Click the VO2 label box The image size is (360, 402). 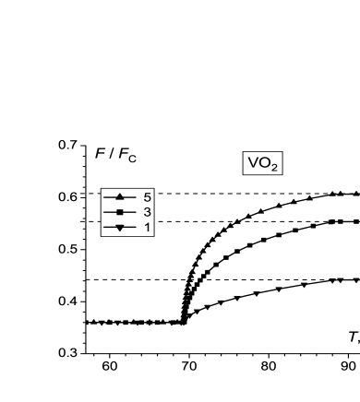pyautogui.click(x=262, y=163)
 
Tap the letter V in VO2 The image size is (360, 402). pyautogui.click(x=252, y=163)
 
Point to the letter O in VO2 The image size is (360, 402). pyautogui.click(x=263, y=163)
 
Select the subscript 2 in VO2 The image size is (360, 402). pyautogui.click(x=274, y=168)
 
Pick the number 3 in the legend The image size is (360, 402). pyautogui.click(x=147, y=212)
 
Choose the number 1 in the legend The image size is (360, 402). pyautogui.click(x=147, y=227)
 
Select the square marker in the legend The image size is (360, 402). pyautogui.click(x=120, y=212)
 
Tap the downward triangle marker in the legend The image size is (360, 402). pyautogui.click(x=120, y=227)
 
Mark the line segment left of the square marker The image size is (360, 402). pyautogui.click(x=110, y=212)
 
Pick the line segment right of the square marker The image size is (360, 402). pyautogui.click(x=130, y=212)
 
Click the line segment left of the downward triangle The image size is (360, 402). pyautogui.click(x=110, y=227)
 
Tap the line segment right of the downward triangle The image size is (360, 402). pyautogui.click(x=130, y=227)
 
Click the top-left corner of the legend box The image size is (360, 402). pyautogui.click(x=102, y=189)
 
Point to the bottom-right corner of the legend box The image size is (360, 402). pyautogui.click(x=153, y=235)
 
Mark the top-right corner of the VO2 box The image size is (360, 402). pyautogui.click(x=281, y=152)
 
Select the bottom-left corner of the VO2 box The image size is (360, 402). pyautogui.click(x=244, y=174)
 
